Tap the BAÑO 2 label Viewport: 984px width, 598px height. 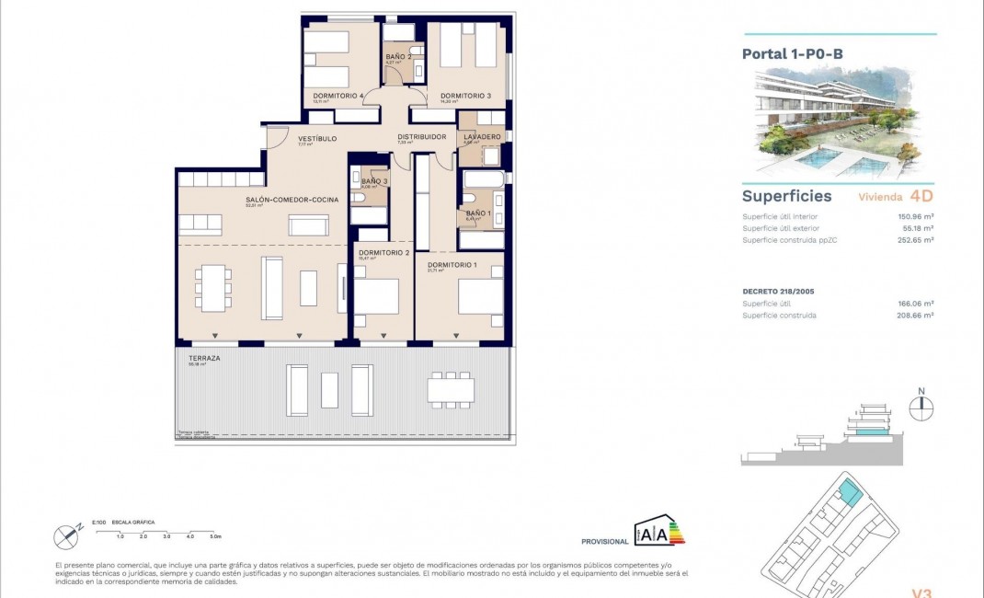397,57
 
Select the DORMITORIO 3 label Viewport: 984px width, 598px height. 465,96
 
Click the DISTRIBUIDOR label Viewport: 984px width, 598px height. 421,137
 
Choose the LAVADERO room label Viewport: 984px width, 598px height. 482,137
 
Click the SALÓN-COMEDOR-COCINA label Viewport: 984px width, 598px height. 292,200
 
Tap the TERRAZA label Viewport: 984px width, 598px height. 203,358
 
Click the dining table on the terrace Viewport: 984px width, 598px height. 451,389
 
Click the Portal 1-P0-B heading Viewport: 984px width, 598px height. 792,54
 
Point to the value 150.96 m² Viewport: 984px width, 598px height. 915,217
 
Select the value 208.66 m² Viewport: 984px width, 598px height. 915,316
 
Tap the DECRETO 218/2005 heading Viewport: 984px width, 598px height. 780,291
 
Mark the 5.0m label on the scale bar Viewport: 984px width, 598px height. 215,535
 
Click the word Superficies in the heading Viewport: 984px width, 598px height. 786,196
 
